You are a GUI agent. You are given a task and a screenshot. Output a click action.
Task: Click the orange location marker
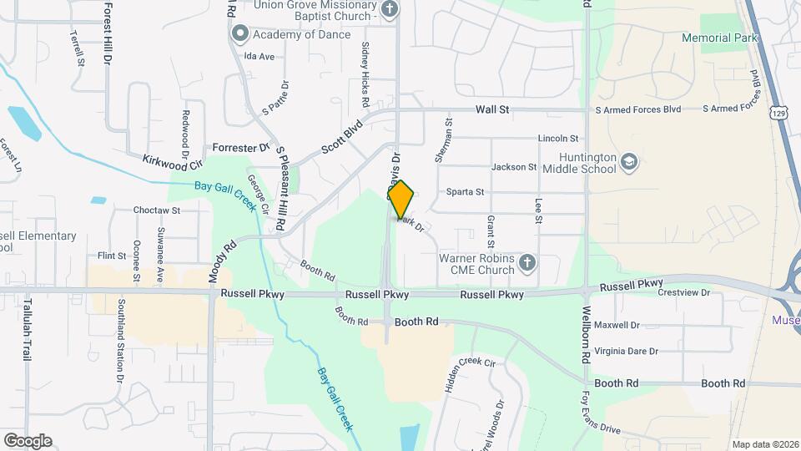(401, 200)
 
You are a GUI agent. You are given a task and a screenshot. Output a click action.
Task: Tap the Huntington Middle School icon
(629, 161)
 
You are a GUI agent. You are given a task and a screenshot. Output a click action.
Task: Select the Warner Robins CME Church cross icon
(526, 264)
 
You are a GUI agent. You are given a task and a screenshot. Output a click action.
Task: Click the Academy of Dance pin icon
(240, 33)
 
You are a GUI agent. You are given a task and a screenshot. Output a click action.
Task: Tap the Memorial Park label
(718, 38)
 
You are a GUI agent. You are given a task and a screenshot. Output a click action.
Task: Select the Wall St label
(492, 109)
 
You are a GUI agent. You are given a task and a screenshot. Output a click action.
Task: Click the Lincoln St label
(558, 139)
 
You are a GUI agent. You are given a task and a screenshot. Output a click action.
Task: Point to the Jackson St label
(513, 167)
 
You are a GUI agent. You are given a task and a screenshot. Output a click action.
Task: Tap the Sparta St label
(465, 192)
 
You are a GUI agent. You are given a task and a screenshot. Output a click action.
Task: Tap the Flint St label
(111, 256)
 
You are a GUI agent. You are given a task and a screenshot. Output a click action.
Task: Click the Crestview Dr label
(683, 293)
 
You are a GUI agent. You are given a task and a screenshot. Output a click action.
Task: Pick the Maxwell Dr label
(618, 325)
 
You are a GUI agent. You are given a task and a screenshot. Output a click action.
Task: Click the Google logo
(27, 440)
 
